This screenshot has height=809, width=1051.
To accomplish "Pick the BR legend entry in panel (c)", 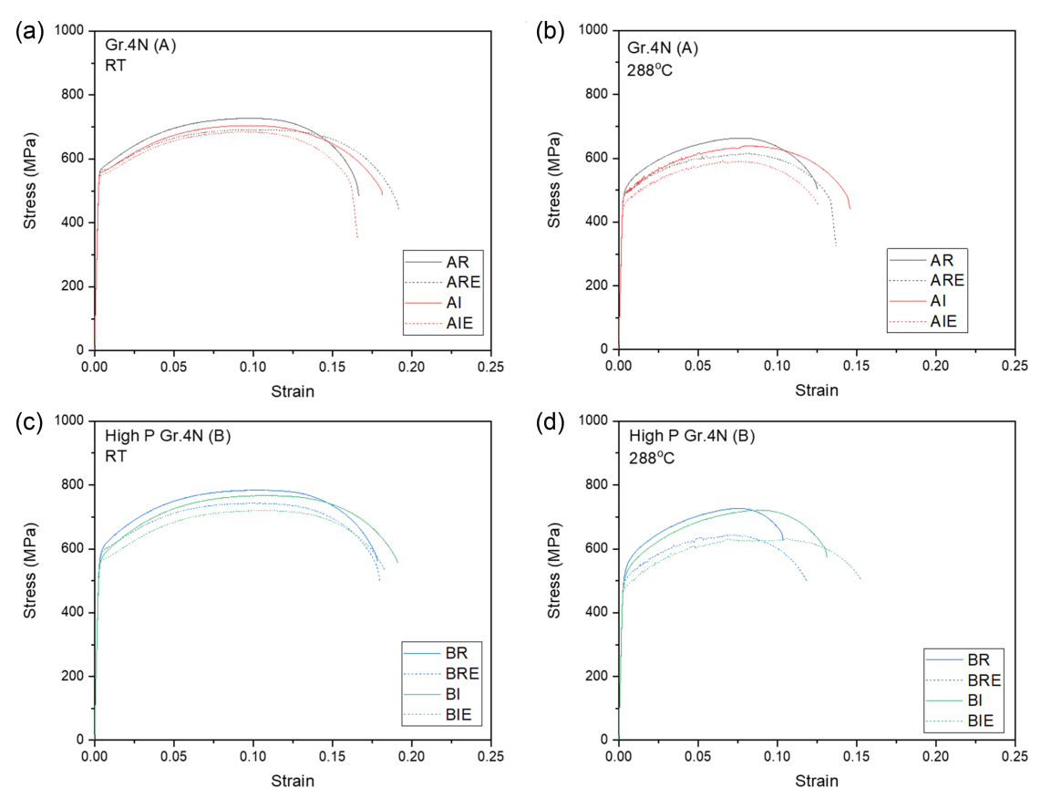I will (457, 653).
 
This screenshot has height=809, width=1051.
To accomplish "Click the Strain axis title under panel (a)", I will (293, 391).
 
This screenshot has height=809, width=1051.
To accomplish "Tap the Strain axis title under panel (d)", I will (817, 782).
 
